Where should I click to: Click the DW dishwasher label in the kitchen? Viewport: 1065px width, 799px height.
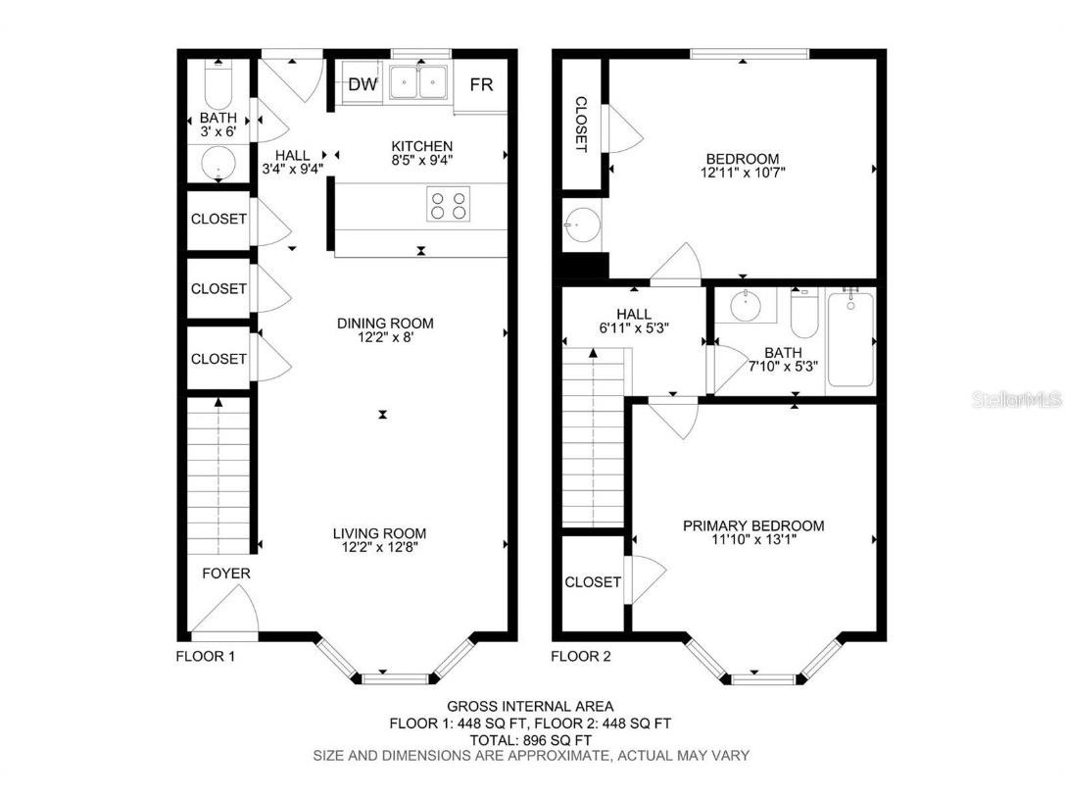(363, 84)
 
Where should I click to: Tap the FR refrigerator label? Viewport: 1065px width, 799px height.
(481, 84)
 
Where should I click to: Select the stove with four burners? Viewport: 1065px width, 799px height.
(448, 204)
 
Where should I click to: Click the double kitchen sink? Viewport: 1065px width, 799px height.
(419, 83)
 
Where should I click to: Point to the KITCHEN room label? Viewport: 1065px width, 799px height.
(421, 145)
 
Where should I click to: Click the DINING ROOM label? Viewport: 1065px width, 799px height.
(385, 324)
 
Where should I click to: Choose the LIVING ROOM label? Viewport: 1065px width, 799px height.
(379, 533)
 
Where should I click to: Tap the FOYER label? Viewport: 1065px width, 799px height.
(226, 573)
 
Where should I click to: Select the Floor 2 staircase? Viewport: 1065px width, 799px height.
(594, 441)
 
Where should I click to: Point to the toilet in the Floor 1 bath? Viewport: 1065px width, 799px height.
(218, 86)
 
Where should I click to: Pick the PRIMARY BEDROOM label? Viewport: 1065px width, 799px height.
(753, 525)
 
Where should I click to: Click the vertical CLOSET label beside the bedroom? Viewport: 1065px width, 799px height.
(580, 124)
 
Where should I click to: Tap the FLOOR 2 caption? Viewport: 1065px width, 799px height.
(580, 657)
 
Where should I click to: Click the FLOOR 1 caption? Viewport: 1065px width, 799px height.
(205, 657)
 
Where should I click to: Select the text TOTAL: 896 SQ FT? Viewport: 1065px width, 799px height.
(531, 739)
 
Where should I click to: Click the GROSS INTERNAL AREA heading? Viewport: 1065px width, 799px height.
(531, 706)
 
